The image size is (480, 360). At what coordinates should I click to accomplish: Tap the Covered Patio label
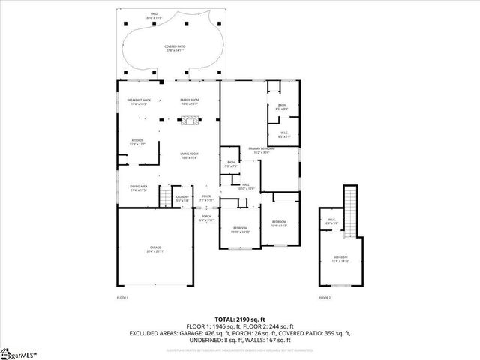point(175,48)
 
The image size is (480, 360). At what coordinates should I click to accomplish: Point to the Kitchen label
point(137,142)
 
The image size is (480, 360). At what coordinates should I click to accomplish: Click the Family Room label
point(189,101)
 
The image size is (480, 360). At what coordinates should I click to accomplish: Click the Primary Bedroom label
point(262,150)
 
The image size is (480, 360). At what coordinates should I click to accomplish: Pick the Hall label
point(246,187)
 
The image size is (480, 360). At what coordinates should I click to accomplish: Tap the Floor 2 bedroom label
point(340,259)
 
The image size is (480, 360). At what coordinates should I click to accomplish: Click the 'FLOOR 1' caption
point(122,298)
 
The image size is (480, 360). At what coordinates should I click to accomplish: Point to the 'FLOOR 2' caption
point(325,298)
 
